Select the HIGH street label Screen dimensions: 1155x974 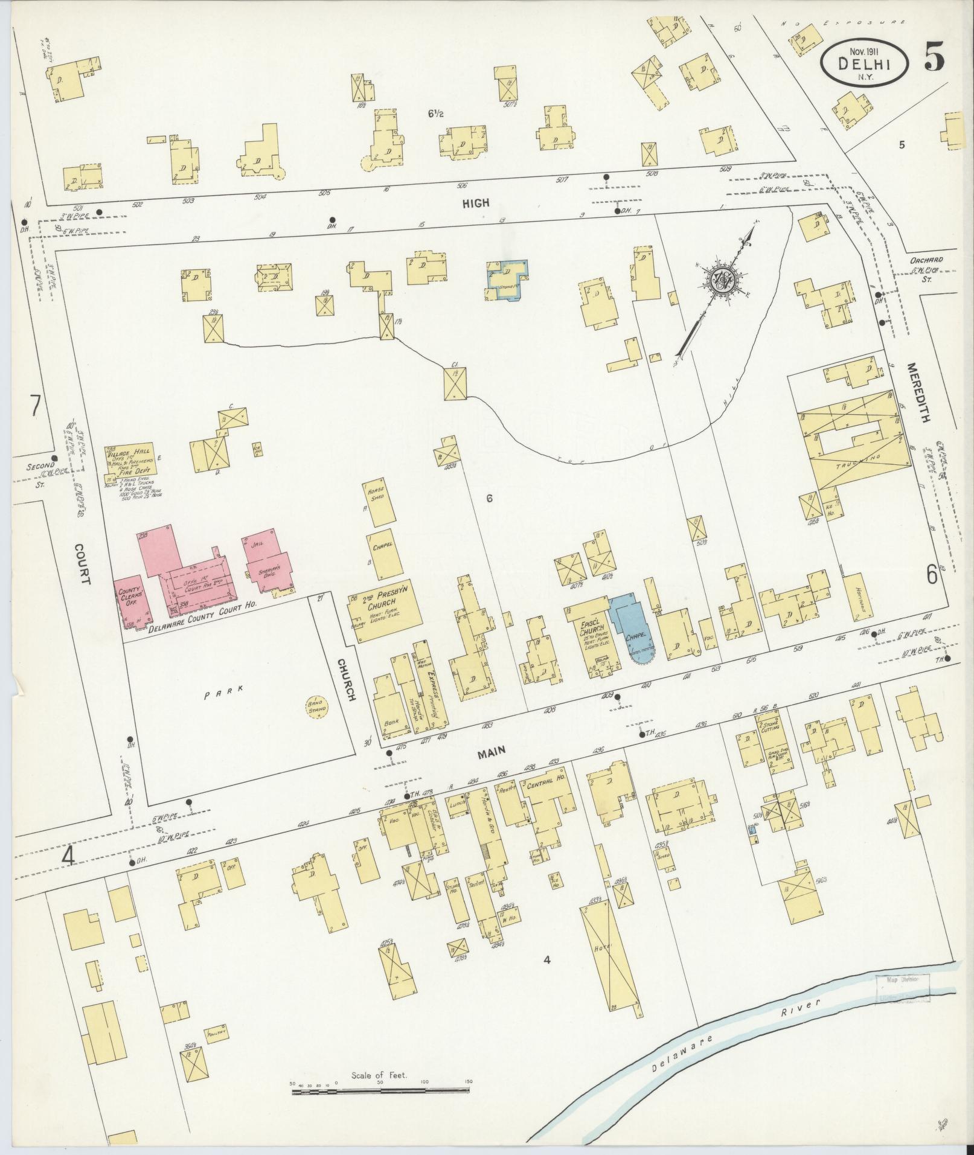[x=476, y=203]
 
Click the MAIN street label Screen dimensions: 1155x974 [x=493, y=751]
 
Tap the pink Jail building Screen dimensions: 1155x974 [x=269, y=560]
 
